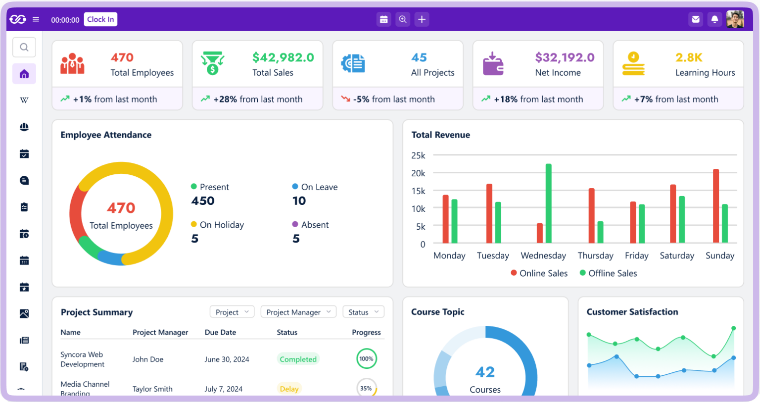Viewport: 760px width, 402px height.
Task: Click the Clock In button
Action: click(100, 19)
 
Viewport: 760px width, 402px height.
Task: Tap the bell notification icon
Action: click(714, 19)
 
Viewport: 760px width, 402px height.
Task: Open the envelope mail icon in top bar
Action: click(696, 19)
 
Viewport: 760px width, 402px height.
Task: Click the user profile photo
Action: click(735, 19)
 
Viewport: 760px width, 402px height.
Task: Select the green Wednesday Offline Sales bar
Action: click(548, 203)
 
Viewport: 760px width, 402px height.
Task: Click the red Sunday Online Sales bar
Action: click(715, 206)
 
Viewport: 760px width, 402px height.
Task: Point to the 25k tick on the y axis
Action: click(418, 155)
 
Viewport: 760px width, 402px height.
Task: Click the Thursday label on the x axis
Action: click(595, 256)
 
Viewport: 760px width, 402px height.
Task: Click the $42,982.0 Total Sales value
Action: click(283, 57)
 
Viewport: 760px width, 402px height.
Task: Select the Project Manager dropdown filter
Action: click(298, 312)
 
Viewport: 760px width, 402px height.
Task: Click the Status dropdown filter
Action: click(363, 312)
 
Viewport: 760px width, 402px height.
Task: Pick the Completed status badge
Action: click(298, 359)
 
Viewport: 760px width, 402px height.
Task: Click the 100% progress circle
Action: click(366, 359)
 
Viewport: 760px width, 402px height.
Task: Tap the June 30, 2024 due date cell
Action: click(227, 359)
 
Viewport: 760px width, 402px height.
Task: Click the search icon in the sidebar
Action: click(24, 48)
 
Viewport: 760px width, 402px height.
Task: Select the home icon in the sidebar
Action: click(24, 74)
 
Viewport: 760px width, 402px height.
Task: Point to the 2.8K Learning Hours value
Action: click(689, 57)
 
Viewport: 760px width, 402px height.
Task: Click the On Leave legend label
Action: click(319, 187)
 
